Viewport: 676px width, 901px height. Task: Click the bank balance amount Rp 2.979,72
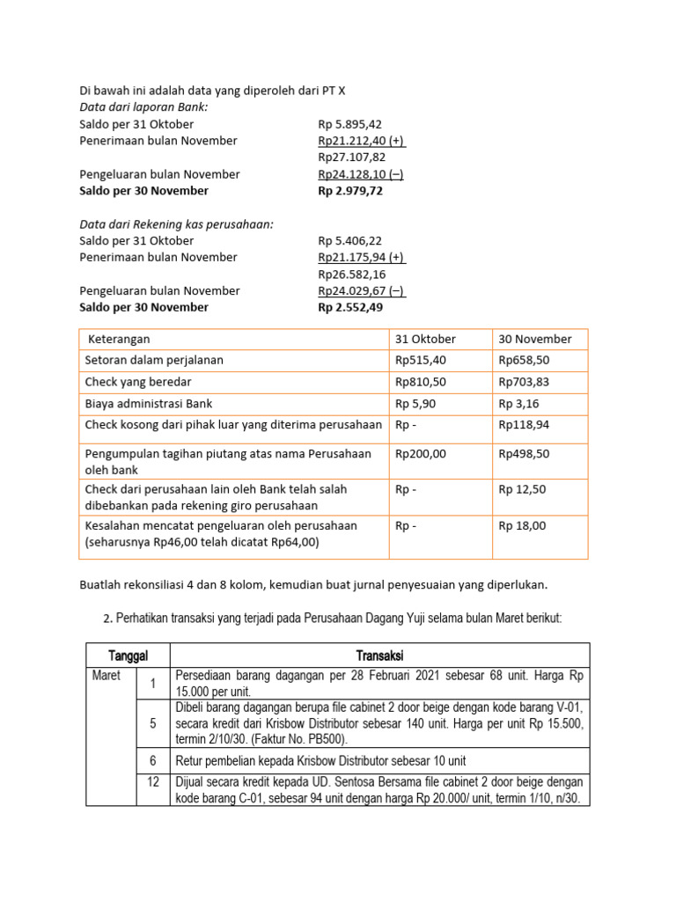click(350, 191)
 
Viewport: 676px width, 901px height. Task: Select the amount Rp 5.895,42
click(349, 124)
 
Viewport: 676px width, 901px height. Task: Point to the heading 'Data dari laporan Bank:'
click(143, 107)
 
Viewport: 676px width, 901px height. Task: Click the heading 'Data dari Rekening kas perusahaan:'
click(176, 224)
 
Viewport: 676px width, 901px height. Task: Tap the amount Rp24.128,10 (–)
click(361, 174)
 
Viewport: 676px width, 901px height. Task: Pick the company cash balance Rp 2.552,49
click(350, 307)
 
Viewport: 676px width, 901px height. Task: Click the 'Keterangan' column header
click(117, 339)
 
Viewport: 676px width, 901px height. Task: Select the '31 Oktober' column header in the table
click(425, 339)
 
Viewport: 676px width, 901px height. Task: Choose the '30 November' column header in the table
click(534, 339)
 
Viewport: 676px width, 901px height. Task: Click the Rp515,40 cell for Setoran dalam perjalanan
click(421, 360)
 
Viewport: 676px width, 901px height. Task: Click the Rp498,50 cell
click(525, 454)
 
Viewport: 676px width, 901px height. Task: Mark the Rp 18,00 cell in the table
click(522, 525)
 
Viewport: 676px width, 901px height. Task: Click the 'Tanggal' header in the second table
click(128, 656)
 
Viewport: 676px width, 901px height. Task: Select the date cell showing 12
click(152, 781)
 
